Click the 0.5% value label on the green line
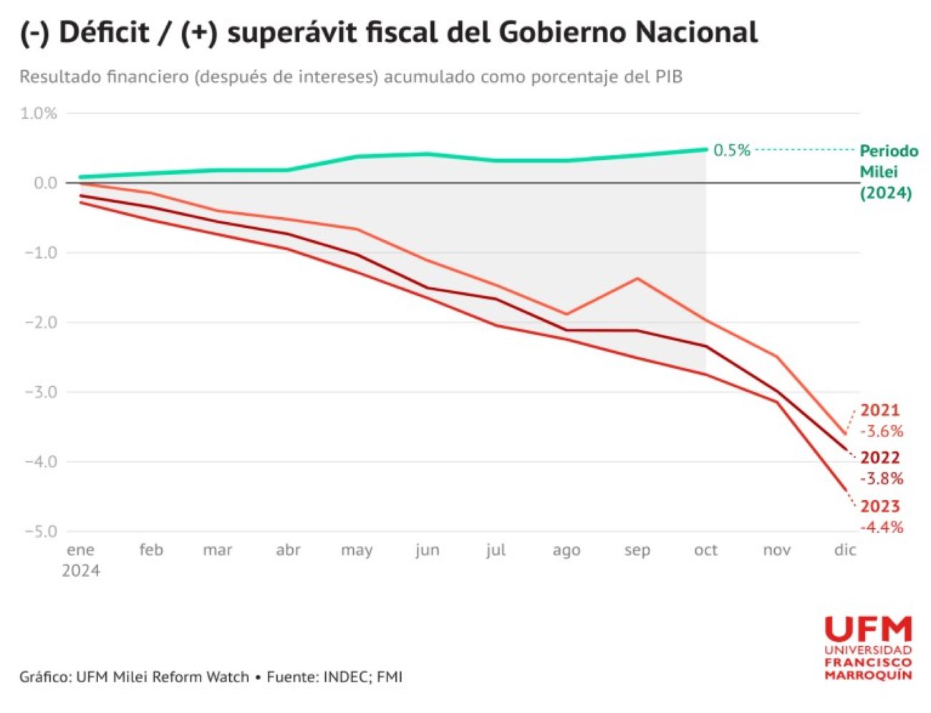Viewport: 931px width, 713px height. click(x=731, y=150)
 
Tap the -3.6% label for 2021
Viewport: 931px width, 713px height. click(x=881, y=431)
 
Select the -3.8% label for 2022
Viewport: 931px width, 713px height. click(x=881, y=479)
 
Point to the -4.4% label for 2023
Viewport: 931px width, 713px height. click(x=881, y=527)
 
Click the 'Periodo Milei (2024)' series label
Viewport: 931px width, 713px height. click(x=887, y=172)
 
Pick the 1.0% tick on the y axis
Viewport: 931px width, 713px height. click(x=39, y=113)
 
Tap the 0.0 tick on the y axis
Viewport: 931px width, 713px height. click(x=44, y=183)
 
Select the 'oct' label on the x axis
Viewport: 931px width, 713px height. click(x=705, y=550)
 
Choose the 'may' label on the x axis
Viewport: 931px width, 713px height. click(x=357, y=550)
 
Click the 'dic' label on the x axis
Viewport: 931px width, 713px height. click(x=845, y=550)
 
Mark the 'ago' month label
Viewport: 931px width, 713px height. click(x=566, y=550)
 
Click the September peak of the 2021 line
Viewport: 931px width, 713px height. click(x=637, y=278)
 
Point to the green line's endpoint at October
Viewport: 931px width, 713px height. click(x=705, y=149)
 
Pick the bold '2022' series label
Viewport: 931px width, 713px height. click(x=879, y=458)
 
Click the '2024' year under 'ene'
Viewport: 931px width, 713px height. click(x=80, y=571)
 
